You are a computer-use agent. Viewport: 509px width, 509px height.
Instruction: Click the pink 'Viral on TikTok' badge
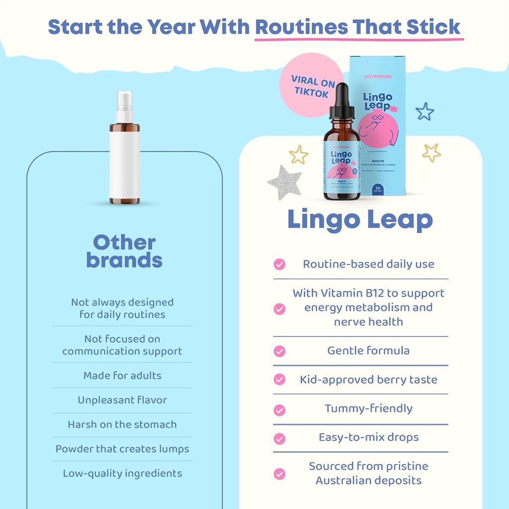[x=311, y=85]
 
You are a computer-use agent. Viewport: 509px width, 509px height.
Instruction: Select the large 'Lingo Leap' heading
[x=360, y=220]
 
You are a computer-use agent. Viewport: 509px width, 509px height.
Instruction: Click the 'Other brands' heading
[x=124, y=251]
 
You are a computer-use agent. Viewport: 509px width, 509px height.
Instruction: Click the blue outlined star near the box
[x=424, y=111]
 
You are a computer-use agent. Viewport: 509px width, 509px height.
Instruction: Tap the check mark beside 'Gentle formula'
[x=280, y=351]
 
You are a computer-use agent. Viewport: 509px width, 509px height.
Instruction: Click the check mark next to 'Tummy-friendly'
[x=280, y=410]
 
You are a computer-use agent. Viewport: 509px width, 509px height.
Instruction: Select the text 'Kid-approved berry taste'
[x=368, y=380]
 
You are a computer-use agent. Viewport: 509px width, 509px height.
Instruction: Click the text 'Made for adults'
[x=122, y=375]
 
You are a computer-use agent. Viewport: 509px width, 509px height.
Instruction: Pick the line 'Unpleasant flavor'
[x=122, y=400]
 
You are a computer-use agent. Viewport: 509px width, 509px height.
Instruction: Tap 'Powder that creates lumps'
[x=122, y=449]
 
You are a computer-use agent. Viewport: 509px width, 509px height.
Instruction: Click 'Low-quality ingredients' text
[x=122, y=473]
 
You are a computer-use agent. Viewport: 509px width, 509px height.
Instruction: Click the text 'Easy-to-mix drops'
[x=368, y=437]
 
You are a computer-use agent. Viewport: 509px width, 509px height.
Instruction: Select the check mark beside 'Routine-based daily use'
[x=280, y=264]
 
